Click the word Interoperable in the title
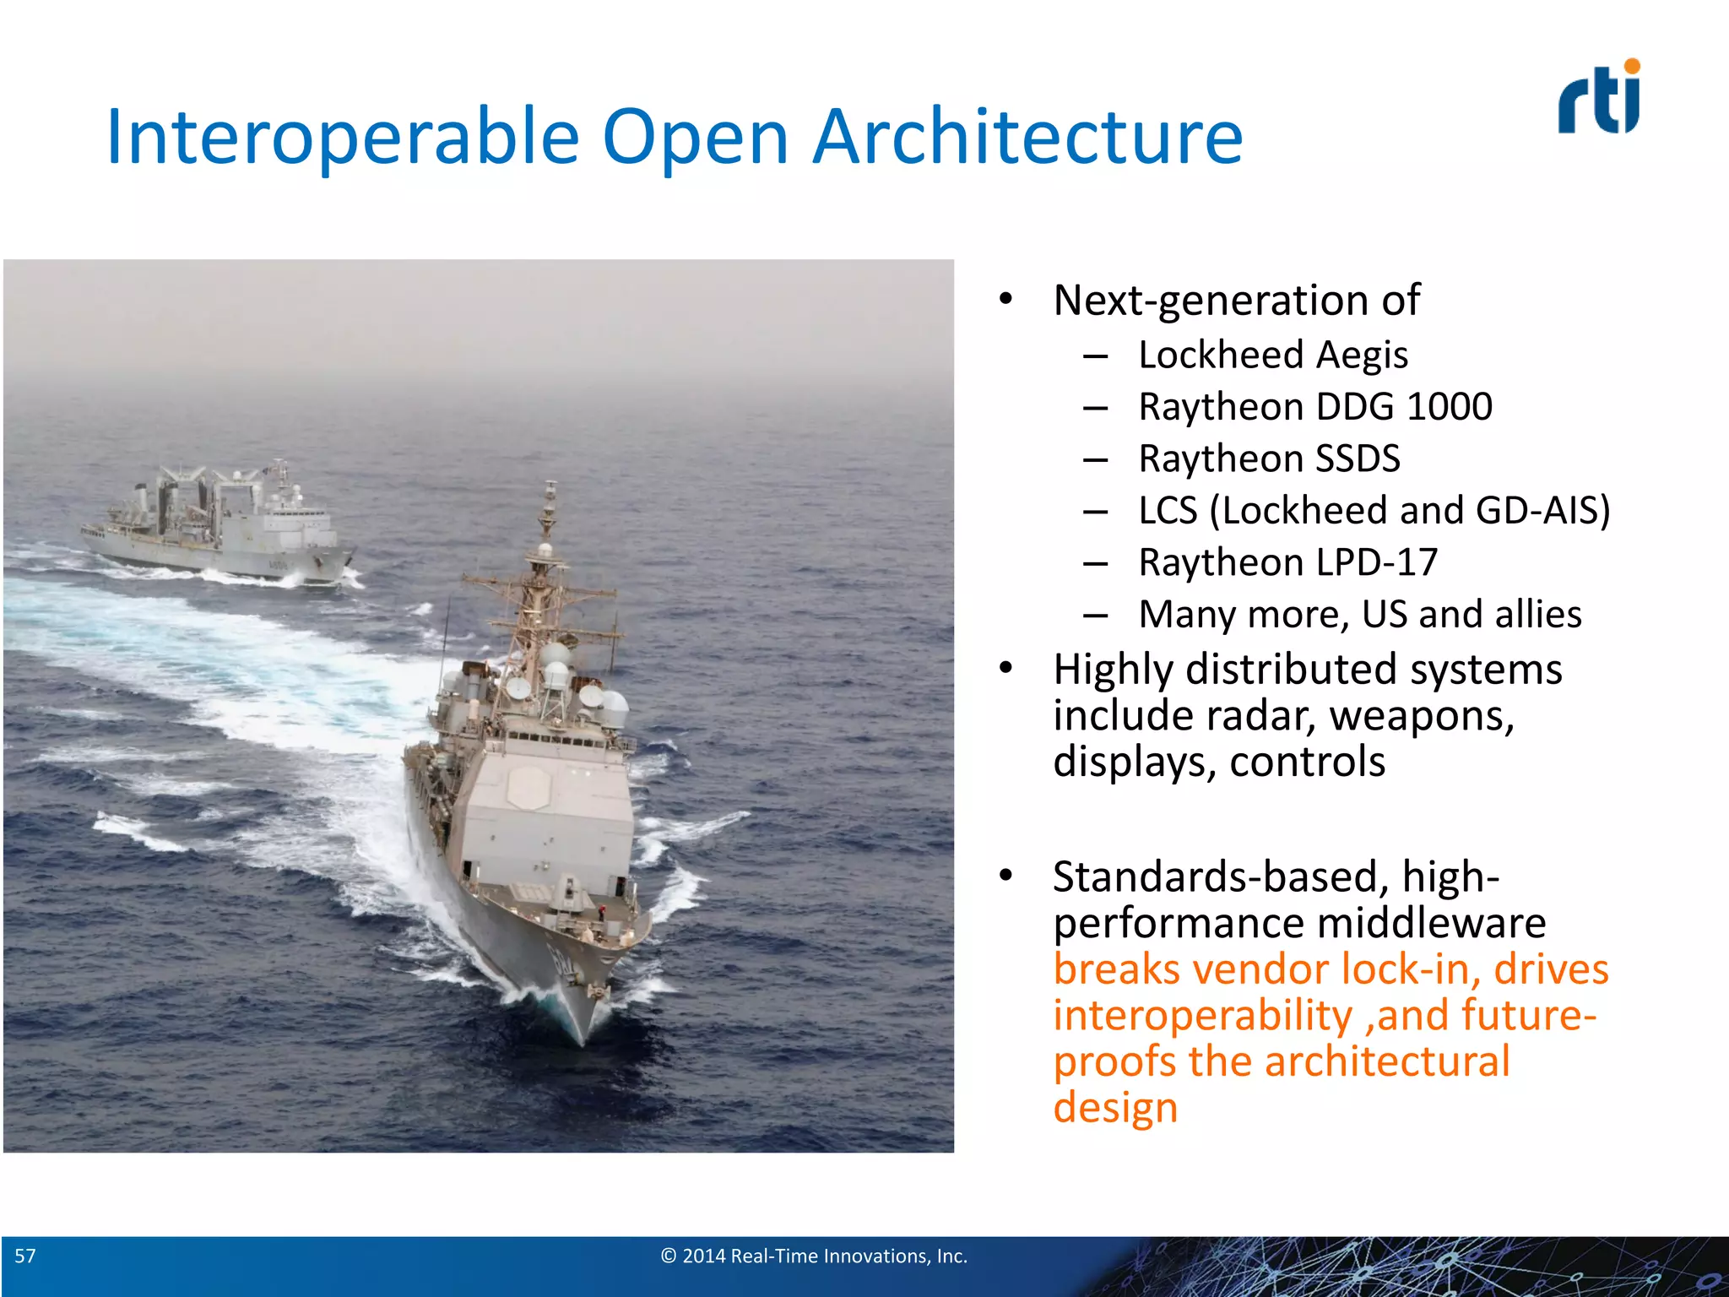tap(342, 137)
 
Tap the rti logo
tap(1599, 98)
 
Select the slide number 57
tap(25, 1256)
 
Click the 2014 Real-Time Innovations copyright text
tap(814, 1256)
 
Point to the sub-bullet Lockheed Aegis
tap(1272, 355)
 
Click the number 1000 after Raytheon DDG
tap(1449, 407)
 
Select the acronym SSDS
tap(1358, 459)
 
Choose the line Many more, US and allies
tap(1359, 615)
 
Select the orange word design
tap(1115, 1107)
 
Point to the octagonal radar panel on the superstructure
tap(529, 787)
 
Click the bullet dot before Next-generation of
tap(1005, 299)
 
